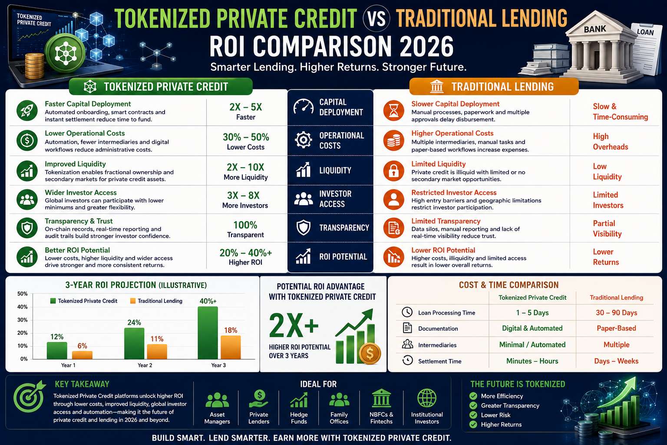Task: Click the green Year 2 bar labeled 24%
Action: click(x=134, y=343)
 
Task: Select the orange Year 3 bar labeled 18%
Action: click(x=231, y=347)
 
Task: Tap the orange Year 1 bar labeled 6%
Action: click(x=82, y=355)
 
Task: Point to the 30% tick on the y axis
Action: click(x=22, y=320)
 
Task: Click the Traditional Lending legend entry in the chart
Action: click(x=156, y=301)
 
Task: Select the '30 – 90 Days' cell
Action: click(x=616, y=312)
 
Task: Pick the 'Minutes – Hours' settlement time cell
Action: click(x=532, y=361)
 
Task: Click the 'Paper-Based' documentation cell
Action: click(x=616, y=328)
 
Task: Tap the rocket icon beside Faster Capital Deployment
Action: click(x=27, y=110)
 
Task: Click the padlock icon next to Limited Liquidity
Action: click(x=394, y=171)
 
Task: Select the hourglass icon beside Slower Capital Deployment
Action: click(x=394, y=110)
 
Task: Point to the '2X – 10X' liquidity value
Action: click(x=245, y=167)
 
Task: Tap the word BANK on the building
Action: click(x=595, y=29)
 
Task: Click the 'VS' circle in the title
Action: click(x=376, y=19)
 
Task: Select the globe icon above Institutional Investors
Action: click(x=427, y=398)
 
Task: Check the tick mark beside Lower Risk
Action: click(x=473, y=415)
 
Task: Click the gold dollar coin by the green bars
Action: click(x=370, y=354)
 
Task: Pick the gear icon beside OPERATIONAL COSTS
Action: click(x=304, y=140)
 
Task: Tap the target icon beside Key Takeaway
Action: click(x=29, y=397)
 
